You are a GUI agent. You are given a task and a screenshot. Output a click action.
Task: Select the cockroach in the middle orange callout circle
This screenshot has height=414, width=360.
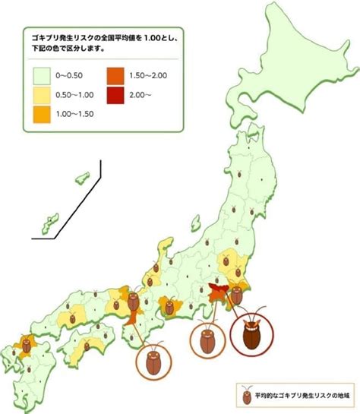pyautogui.click(x=207, y=340)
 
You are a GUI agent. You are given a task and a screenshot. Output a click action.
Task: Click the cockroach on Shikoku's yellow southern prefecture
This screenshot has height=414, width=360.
pyautogui.click(x=87, y=346)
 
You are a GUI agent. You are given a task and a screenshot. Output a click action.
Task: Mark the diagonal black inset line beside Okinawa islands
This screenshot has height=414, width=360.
pyautogui.click(x=68, y=202)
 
